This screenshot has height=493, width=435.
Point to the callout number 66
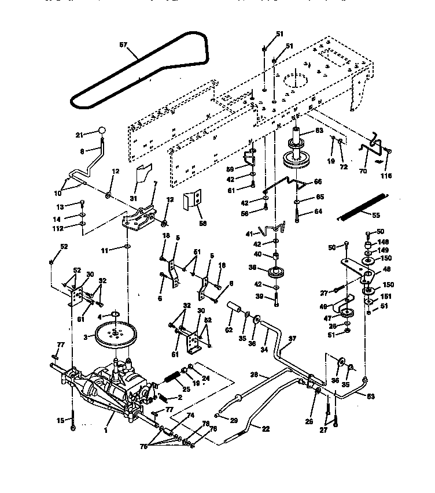317,181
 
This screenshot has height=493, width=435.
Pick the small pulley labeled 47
347,314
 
